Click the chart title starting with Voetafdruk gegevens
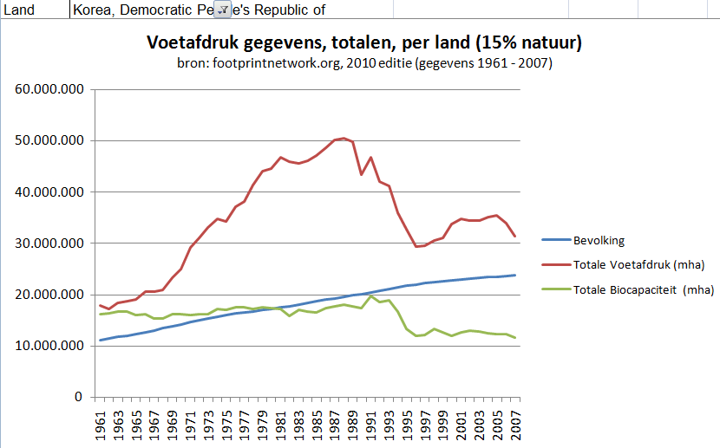[363, 42]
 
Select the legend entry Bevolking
[599, 240]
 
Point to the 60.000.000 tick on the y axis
[53, 89]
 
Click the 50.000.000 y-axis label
[53, 140]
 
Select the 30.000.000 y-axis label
[53, 243]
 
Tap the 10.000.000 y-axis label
[53, 346]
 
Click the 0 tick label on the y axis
[78, 397]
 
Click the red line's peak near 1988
[344, 138]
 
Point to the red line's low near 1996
[416, 246]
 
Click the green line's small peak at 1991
[371, 296]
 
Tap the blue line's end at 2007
[514, 275]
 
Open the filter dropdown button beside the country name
[223, 9]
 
